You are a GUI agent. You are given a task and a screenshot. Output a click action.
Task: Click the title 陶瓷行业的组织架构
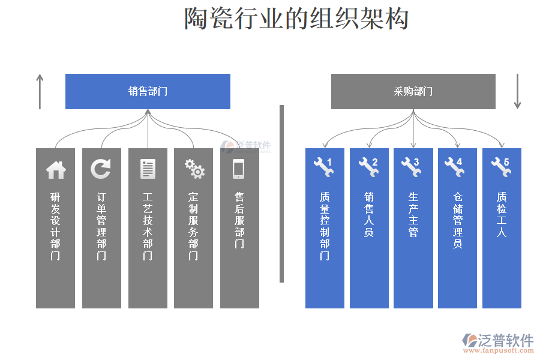[296, 19]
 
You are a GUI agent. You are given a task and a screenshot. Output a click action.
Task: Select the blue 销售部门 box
[148, 91]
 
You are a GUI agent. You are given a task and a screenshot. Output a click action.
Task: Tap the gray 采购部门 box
[413, 91]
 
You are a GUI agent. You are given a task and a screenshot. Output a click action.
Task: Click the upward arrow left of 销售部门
[40, 92]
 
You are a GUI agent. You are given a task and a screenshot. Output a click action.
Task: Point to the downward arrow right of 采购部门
[517, 92]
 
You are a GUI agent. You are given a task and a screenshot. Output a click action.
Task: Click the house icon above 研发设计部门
[56, 170]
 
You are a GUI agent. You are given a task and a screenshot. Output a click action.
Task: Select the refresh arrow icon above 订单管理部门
[101, 169]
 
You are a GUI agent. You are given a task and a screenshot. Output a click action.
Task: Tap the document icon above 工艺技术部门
[148, 169]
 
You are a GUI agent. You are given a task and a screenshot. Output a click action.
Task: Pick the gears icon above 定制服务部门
[194, 169]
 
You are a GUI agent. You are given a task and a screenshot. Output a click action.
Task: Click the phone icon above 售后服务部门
[239, 169]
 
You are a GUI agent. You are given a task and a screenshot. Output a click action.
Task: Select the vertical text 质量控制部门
[325, 226]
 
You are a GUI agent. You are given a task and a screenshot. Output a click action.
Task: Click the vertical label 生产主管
[413, 214]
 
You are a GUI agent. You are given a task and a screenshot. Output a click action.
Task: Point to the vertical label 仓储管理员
[458, 220]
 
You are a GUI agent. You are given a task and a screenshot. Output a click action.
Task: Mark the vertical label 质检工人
[502, 214]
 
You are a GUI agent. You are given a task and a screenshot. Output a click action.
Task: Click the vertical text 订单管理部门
[101, 226]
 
